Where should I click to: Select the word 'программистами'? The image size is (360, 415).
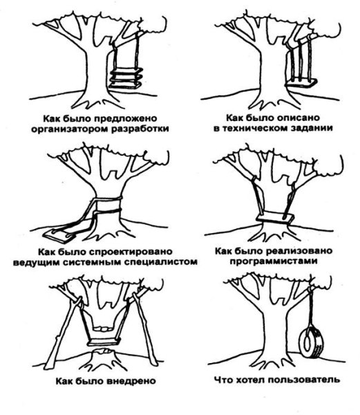click(274, 261)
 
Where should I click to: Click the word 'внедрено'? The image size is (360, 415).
click(131, 381)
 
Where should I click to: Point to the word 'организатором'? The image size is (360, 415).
click(70, 129)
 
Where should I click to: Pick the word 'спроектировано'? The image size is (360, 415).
click(131, 252)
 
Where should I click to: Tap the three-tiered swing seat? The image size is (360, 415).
click(126, 77)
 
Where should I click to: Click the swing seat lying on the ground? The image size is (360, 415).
click(61, 235)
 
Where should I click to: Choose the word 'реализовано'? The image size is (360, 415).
click(299, 251)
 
